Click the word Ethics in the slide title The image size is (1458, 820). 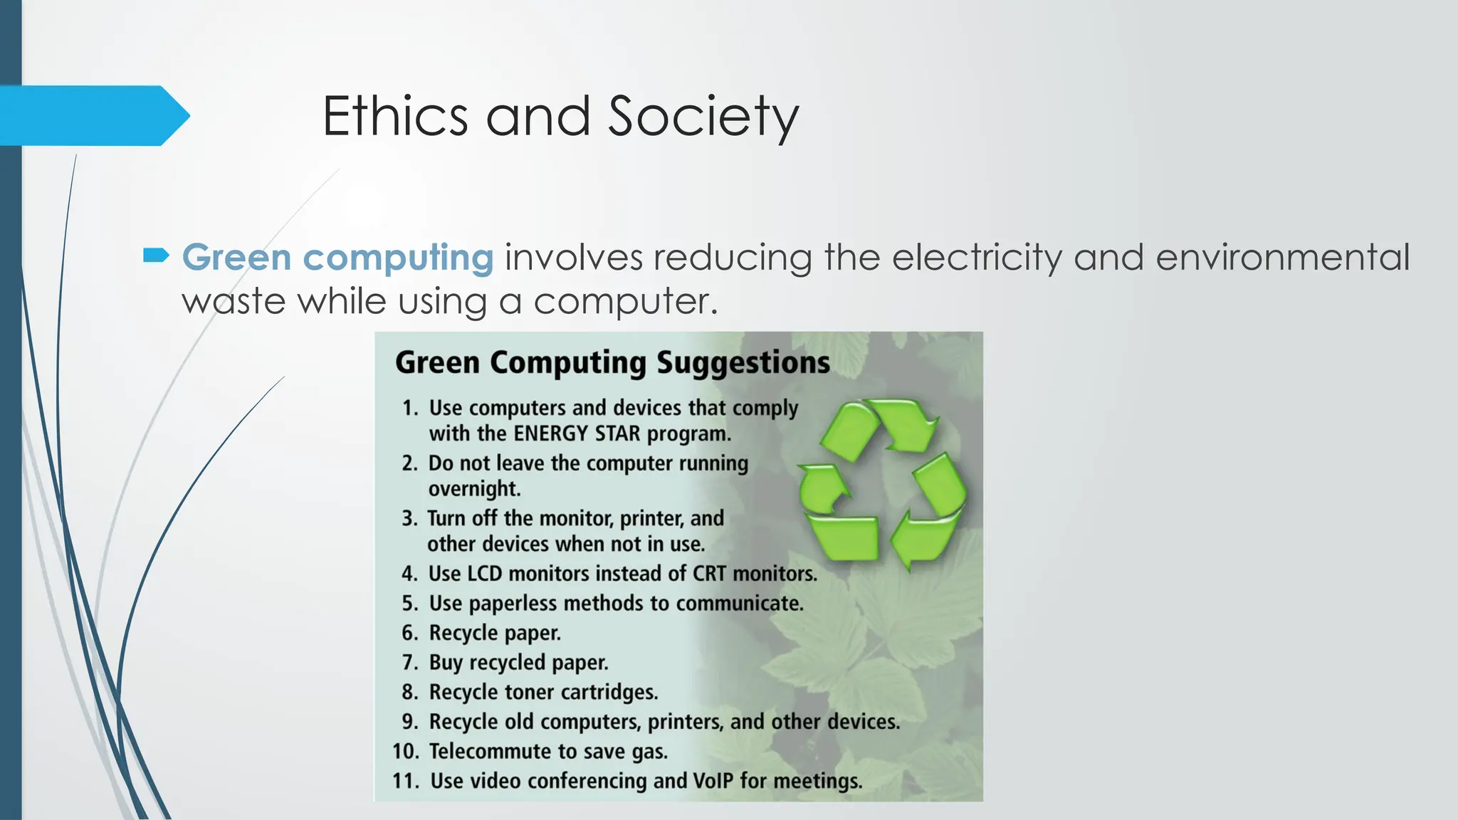pyautogui.click(x=395, y=116)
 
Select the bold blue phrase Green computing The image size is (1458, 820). pyautogui.click(x=337, y=257)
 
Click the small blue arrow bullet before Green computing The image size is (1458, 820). pyautogui.click(x=156, y=255)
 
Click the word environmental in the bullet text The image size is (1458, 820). pyautogui.click(x=1282, y=257)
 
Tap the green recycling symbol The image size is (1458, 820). pyautogui.click(x=882, y=484)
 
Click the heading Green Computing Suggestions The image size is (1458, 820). pyautogui.click(x=612, y=362)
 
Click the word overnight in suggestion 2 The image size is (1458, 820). pyautogui.click(x=474, y=489)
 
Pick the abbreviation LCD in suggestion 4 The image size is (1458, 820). pyautogui.click(x=484, y=574)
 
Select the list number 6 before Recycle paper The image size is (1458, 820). pyautogui.click(x=409, y=633)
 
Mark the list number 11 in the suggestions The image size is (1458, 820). pyautogui.click(x=405, y=781)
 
